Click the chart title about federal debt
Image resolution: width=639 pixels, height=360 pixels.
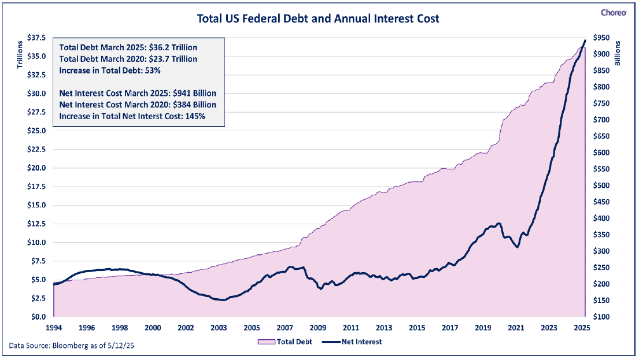(318, 18)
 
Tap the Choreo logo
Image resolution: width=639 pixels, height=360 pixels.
(614, 13)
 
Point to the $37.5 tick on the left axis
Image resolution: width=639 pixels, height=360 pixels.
(36, 38)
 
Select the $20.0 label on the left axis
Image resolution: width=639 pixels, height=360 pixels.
(36, 168)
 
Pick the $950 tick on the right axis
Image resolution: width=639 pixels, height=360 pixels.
(601, 38)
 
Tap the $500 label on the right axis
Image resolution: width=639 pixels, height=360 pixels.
(601, 185)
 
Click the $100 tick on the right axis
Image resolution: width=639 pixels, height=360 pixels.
(601, 317)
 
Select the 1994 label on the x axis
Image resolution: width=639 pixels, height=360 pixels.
(54, 328)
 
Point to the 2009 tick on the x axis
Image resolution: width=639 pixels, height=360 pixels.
(318, 328)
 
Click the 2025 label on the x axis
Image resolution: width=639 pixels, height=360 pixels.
(582, 328)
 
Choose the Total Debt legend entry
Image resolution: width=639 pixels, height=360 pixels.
(285, 342)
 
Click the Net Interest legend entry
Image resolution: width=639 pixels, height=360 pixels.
(352, 342)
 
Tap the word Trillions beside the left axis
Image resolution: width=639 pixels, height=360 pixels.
(20, 54)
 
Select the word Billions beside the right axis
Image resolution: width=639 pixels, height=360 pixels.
(618, 53)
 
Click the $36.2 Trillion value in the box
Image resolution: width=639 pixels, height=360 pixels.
(173, 47)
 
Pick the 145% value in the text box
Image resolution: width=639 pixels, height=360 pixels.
(195, 117)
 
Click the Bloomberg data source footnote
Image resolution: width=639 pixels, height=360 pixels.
(72, 346)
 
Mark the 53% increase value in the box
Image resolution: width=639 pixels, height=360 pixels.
(153, 70)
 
